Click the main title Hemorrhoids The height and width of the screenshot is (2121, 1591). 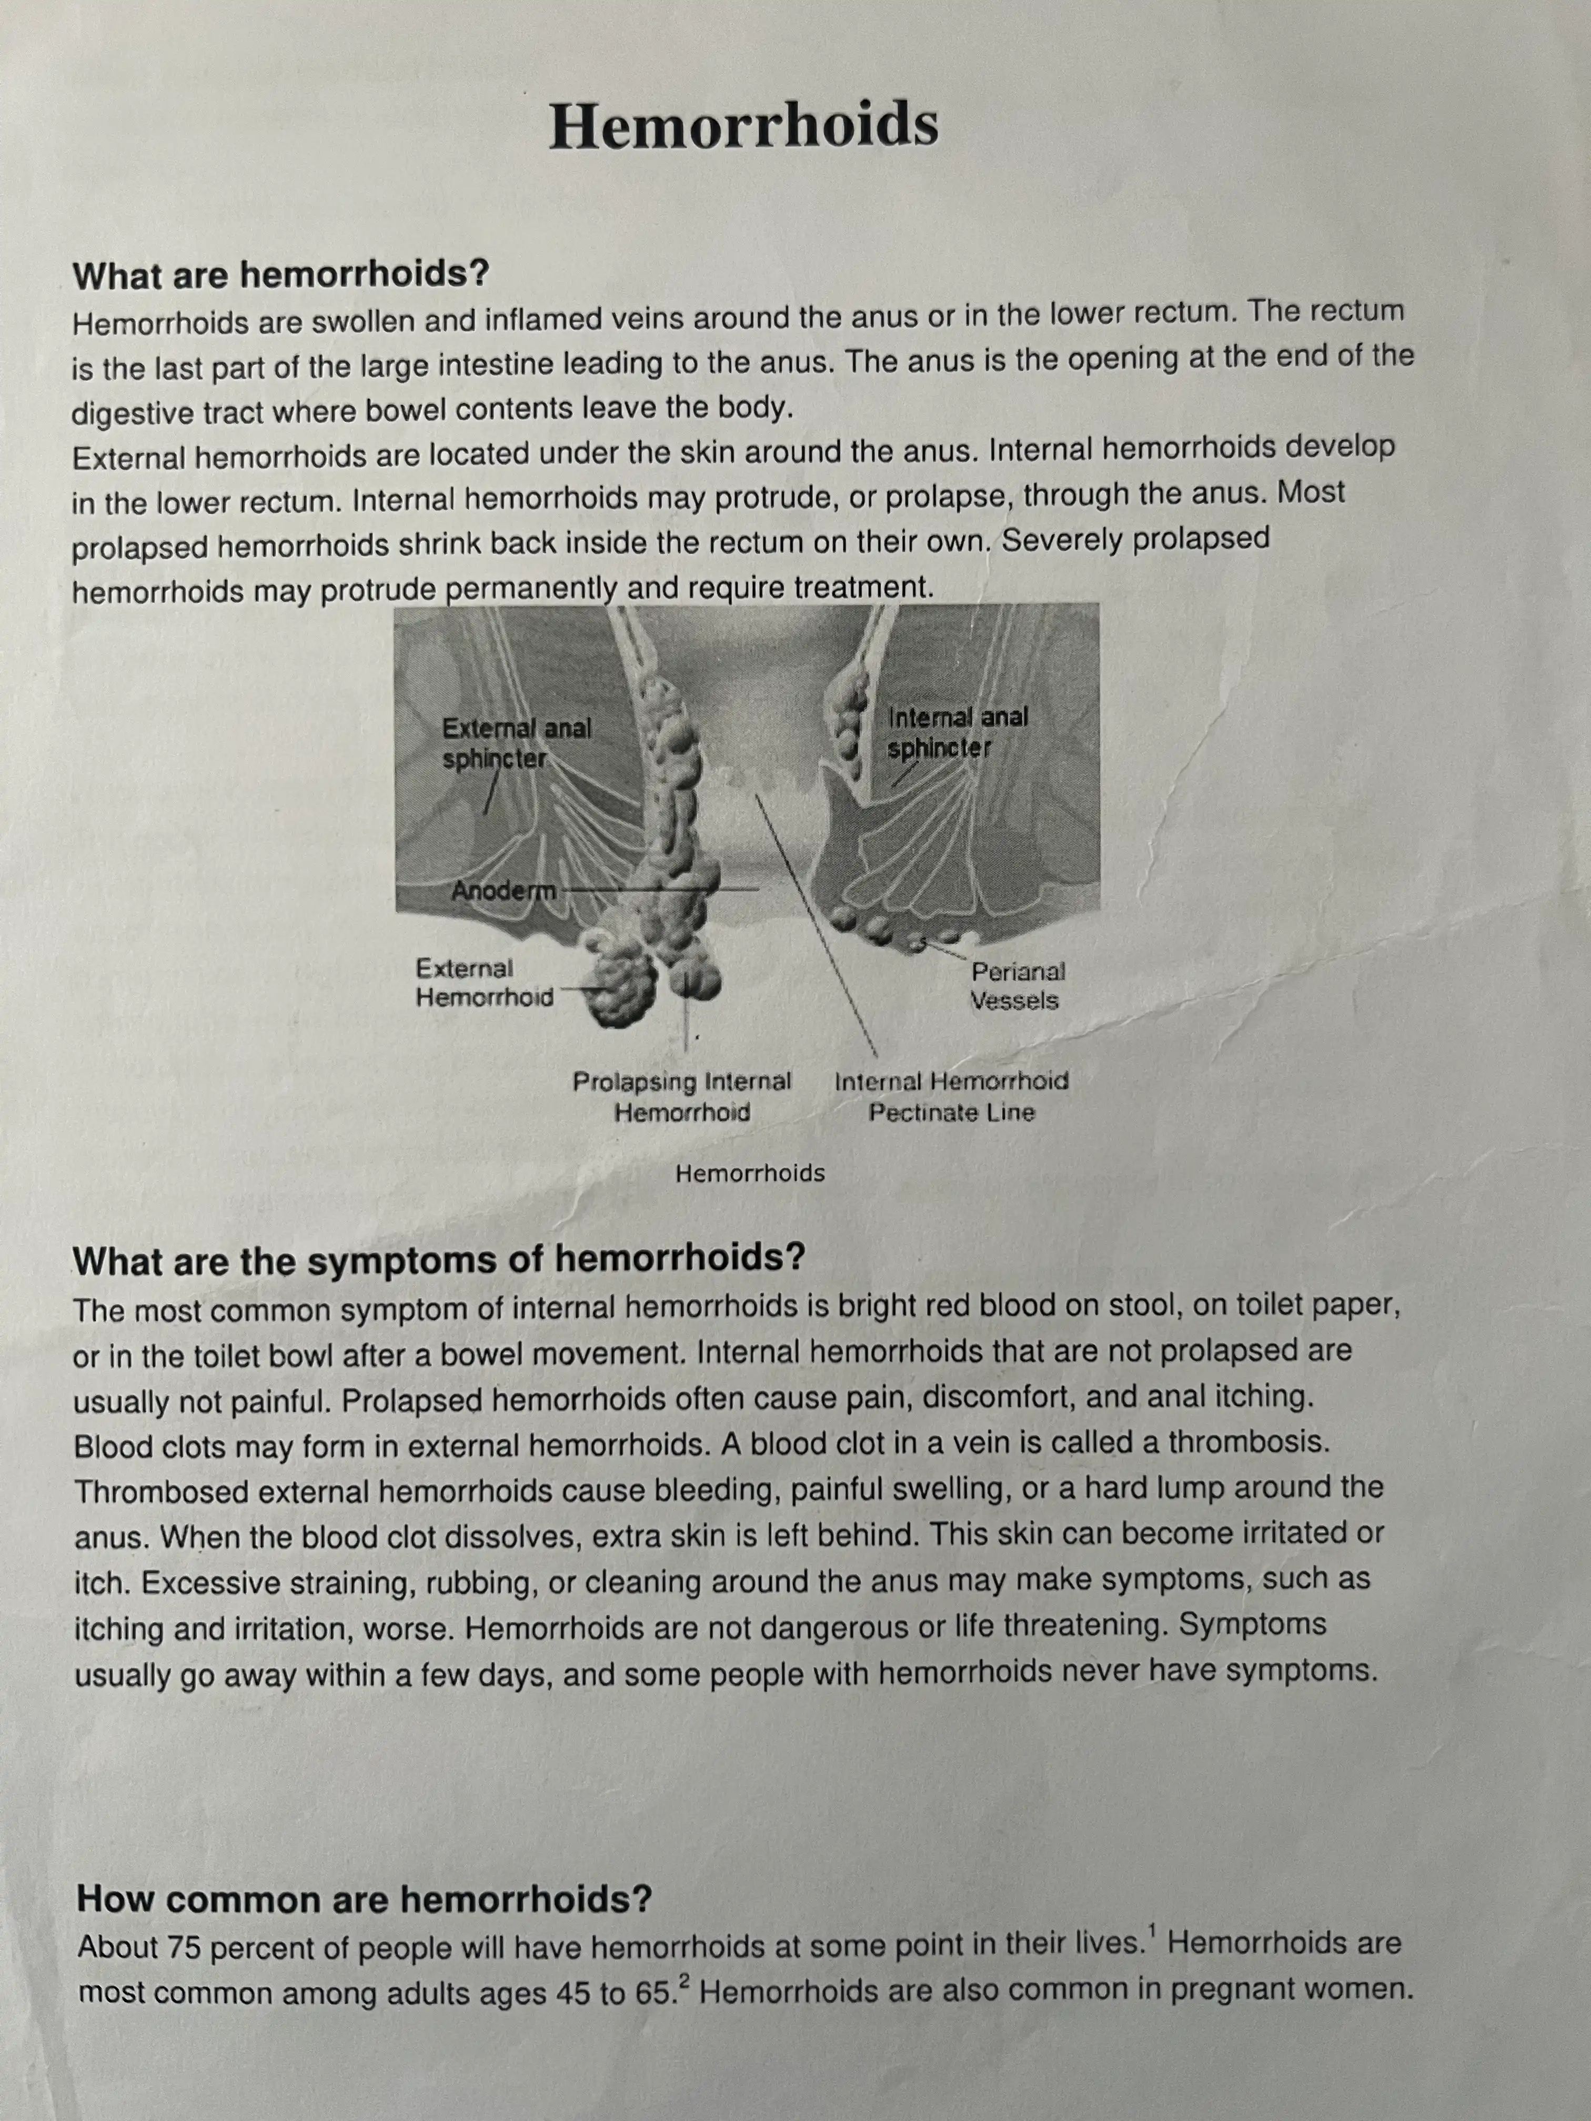tap(743, 126)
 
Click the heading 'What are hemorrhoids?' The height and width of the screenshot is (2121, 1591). tap(281, 276)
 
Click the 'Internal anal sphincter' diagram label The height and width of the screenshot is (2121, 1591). tap(957, 732)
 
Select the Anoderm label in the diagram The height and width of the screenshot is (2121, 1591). tap(504, 891)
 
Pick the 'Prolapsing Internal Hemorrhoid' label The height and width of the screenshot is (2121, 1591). tap(682, 1097)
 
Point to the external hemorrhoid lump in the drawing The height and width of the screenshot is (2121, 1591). tap(621, 987)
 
